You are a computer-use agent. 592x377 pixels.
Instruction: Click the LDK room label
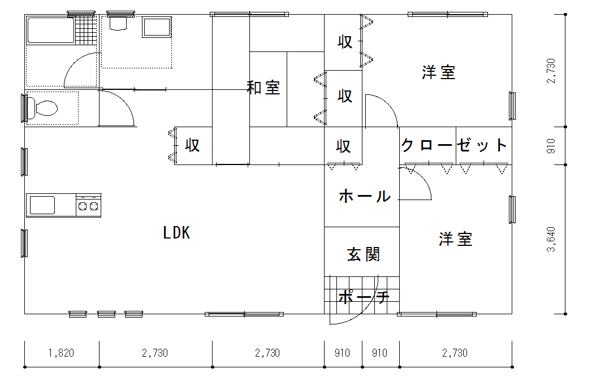point(176,233)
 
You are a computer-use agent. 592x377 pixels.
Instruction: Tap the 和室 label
point(263,88)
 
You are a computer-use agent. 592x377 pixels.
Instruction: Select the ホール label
point(365,196)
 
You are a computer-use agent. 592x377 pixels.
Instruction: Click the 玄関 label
point(364,254)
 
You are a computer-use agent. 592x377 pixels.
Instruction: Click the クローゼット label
point(455,145)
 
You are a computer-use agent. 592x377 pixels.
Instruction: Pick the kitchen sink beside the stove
point(42,205)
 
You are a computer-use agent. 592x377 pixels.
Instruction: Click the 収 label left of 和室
point(193,145)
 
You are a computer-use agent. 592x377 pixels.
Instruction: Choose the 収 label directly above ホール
point(343,146)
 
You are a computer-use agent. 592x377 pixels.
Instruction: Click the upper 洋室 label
point(439,72)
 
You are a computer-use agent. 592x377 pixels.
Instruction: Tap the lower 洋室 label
point(456,239)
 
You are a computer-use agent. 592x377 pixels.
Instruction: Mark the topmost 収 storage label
point(345,42)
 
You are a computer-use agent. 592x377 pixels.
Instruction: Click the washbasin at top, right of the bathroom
point(157,28)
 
